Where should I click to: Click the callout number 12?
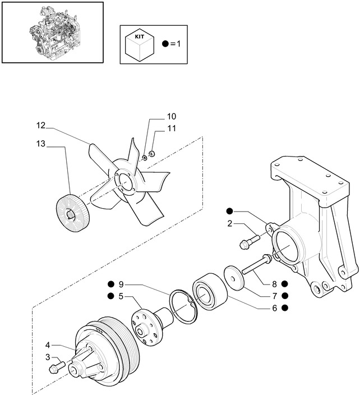click(x=41, y=125)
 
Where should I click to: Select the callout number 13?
click(x=41, y=144)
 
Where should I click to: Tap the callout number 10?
click(x=171, y=117)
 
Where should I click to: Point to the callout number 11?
click(x=170, y=130)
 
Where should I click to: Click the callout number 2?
click(x=230, y=224)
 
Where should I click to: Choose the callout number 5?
click(x=121, y=296)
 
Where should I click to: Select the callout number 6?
click(x=274, y=307)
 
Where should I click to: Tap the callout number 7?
click(x=274, y=296)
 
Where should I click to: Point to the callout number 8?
click(x=274, y=284)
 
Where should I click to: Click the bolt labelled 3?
click(x=57, y=369)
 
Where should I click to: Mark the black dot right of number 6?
click(x=285, y=307)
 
